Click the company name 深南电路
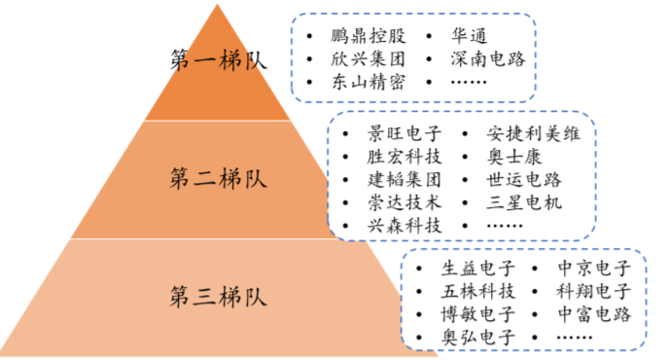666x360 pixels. click(488, 59)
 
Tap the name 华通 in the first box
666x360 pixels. click(469, 36)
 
